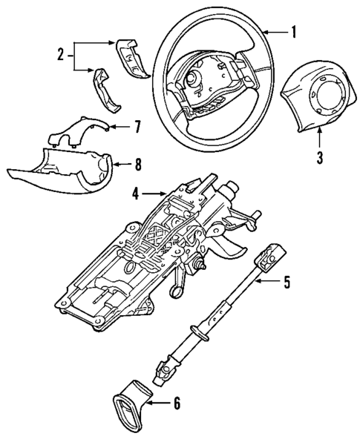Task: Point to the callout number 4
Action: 136,195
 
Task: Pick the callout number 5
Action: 288,282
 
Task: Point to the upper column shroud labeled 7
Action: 78,129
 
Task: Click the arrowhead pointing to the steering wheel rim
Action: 261,32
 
